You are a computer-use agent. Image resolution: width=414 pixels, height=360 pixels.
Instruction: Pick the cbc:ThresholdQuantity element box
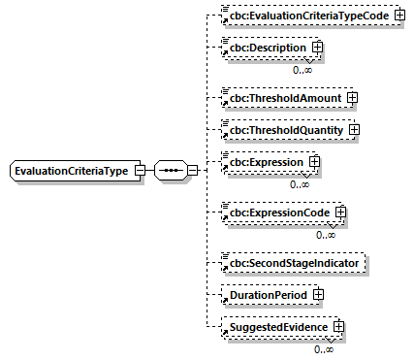pyautogui.click(x=287, y=128)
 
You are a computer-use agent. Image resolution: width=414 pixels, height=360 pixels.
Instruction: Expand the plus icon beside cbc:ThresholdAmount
pyautogui.click(x=353, y=97)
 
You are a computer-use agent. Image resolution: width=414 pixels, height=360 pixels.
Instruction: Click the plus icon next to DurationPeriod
pyautogui.click(x=317, y=294)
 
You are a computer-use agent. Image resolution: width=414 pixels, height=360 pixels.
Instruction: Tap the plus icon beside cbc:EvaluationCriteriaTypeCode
pyautogui.click(x=398, y=17)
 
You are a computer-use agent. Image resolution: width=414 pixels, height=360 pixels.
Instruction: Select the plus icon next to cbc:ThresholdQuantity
pyautogui.click(x=354, y=128)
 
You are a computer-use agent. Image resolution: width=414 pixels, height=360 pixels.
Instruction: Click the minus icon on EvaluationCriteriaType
pyautogui.click(x=141, y=172)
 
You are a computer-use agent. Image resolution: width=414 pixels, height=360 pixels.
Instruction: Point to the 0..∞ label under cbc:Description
pyautogui.click(x=303, y=70)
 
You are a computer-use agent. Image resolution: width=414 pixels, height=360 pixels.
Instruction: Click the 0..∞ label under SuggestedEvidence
pyautogui.click(x=324, y=349)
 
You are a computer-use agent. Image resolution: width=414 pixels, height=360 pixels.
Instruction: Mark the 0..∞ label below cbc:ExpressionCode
pyautogui.click(x=326, y=234)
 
